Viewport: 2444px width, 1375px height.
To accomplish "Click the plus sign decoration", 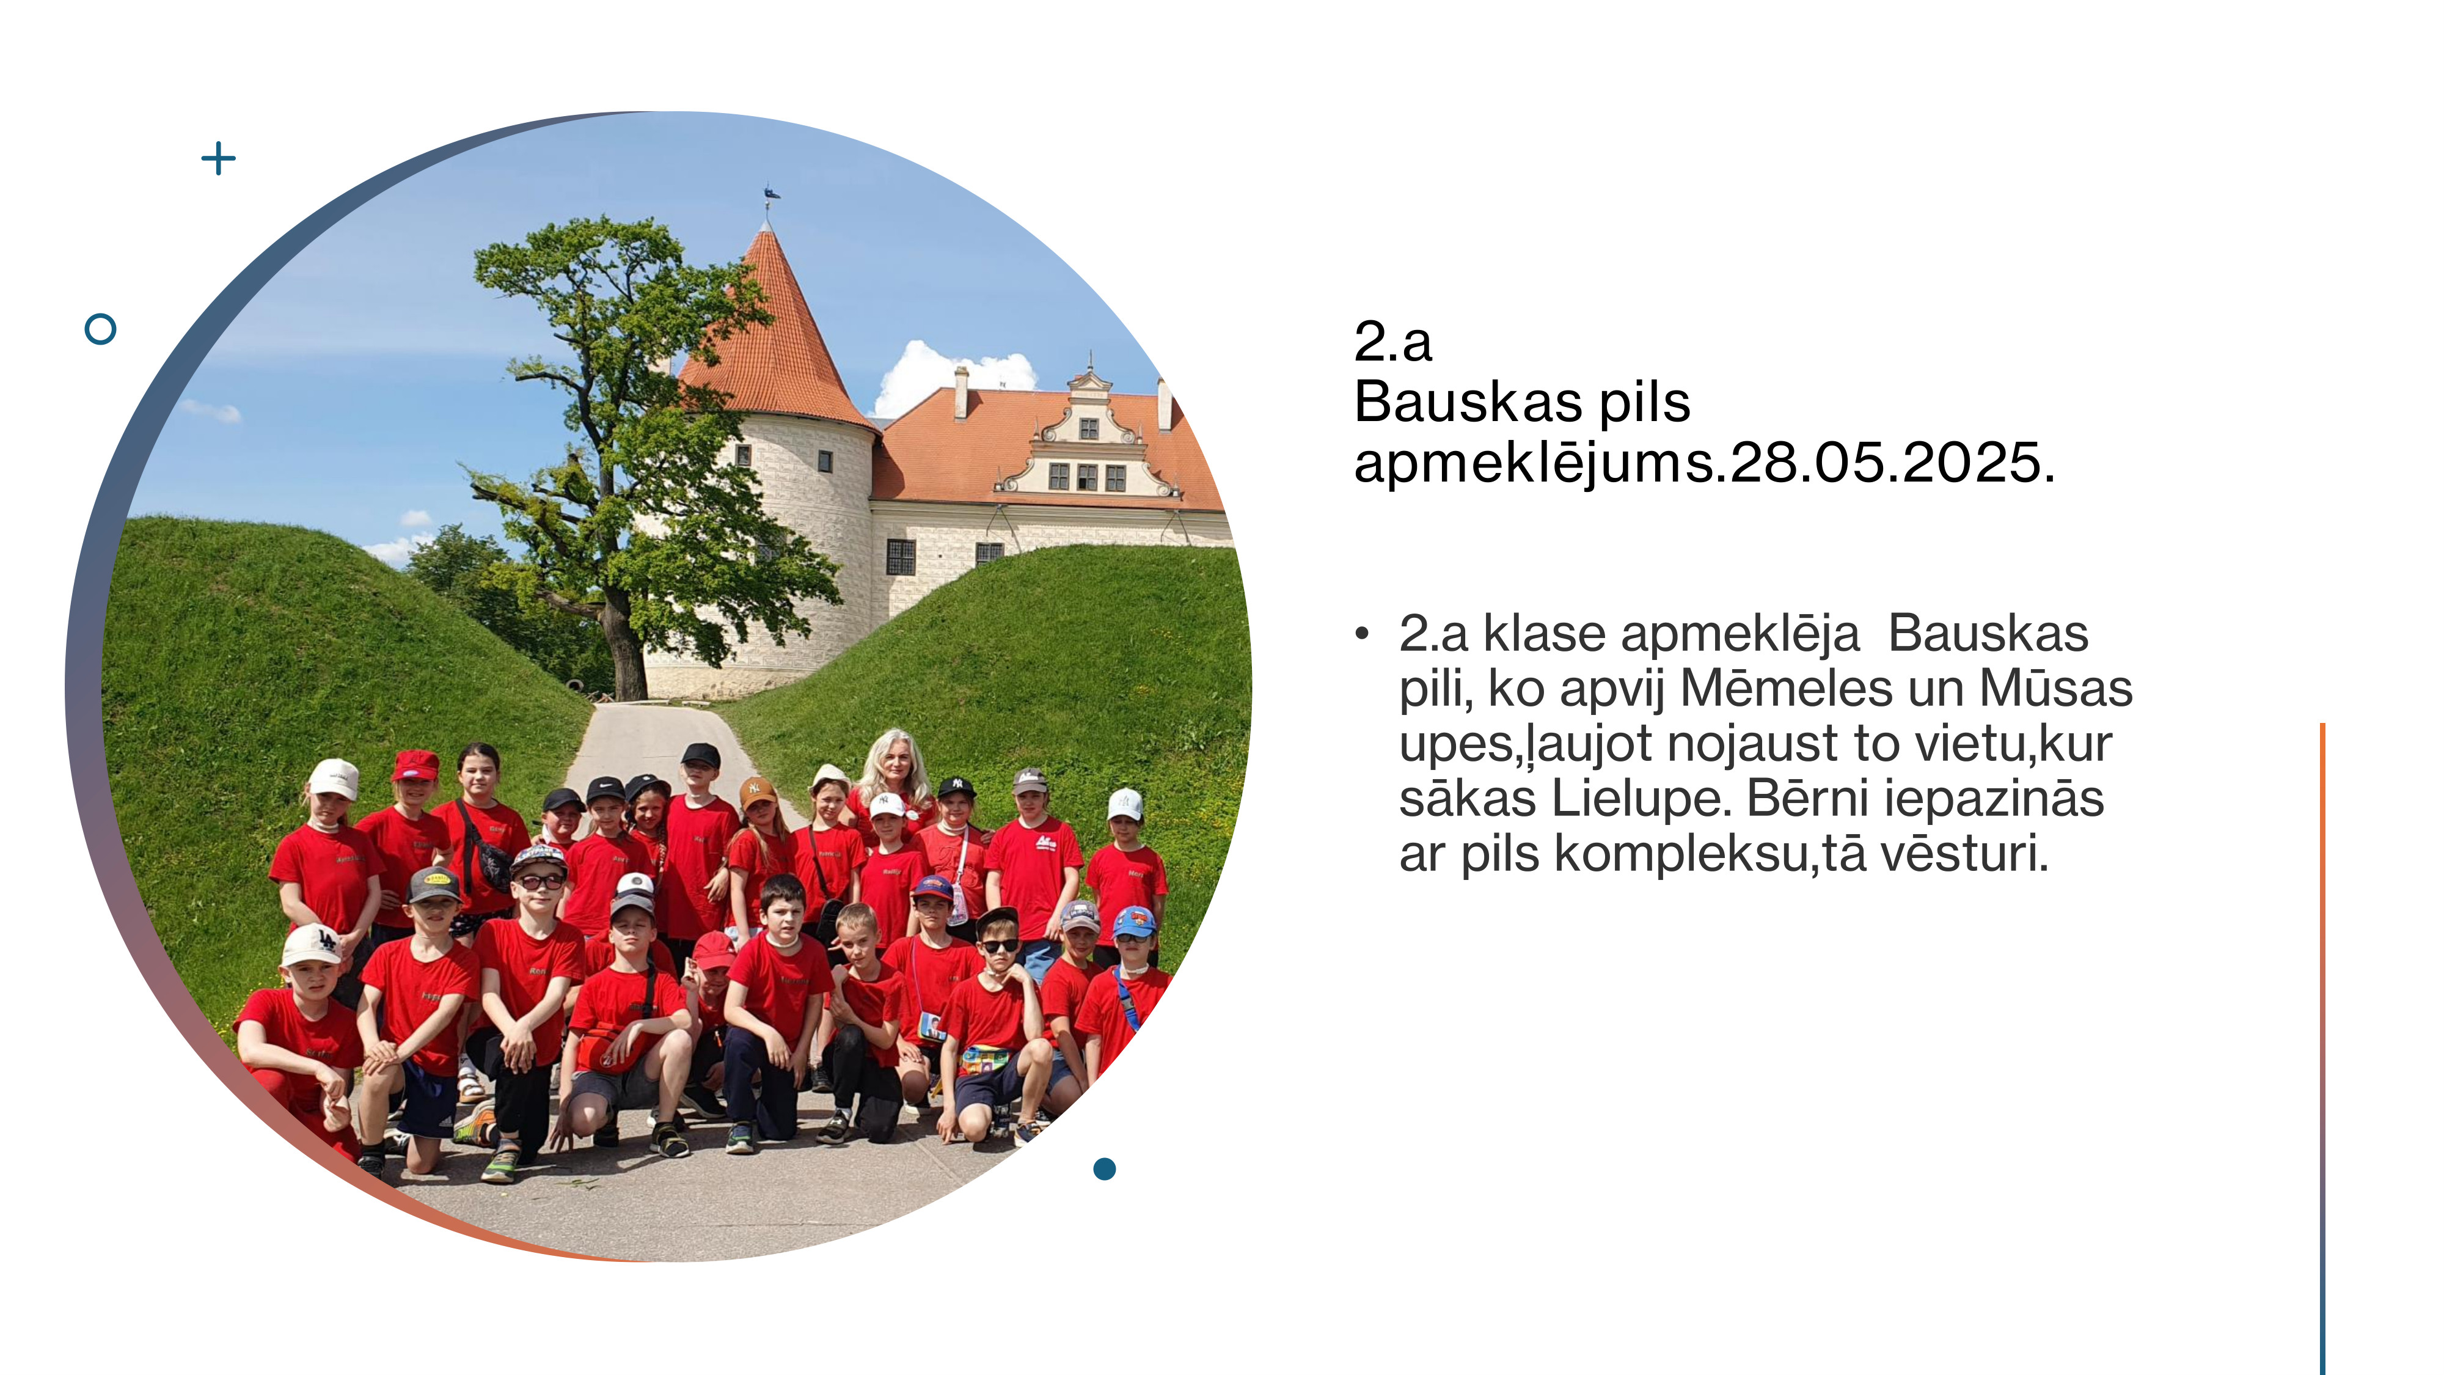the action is pyautogui.click(x=218, y=158).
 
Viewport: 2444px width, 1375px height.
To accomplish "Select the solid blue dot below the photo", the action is pyautogui.click(x=1104, y=1169).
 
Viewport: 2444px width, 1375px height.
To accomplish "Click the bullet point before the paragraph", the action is pyautogui.click(x=1363, y=634).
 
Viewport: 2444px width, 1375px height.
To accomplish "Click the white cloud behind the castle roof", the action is pyautogui.click(x=954, y=375).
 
